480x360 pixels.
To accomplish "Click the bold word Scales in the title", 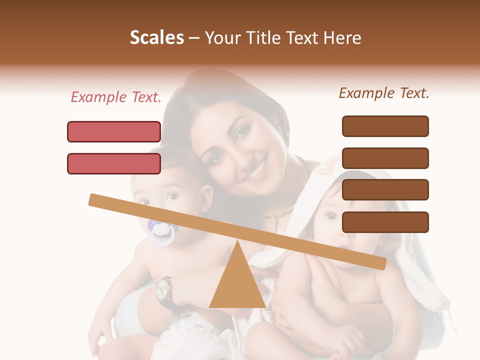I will tap(156, 37).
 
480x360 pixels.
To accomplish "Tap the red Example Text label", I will tap(115, 97).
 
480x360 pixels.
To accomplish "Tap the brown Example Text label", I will tap(384, 93).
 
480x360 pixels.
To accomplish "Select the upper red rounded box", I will tap(114, 131).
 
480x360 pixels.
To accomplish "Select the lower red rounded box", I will tap(114, 163).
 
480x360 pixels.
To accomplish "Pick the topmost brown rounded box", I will tap(385, 126).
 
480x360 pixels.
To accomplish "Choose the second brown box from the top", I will tap(385, 158).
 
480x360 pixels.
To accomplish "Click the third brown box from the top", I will tap(385, 189).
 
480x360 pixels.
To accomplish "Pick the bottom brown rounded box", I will tap(385, 222).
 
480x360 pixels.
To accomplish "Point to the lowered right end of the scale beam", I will tap(381, 263).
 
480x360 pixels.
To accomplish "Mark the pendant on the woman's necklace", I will tap(274, 218).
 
